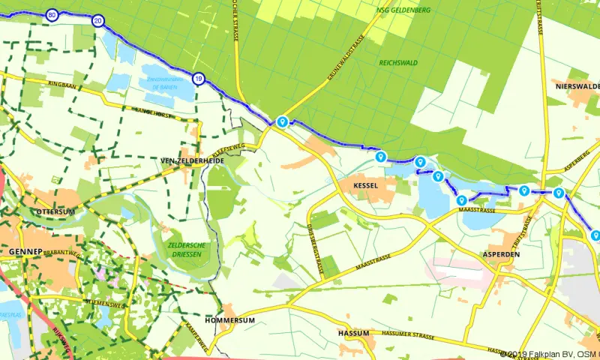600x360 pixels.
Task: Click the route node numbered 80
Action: point(52,14)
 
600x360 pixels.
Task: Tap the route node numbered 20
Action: point(98,20)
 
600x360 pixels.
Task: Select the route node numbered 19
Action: point(198,78)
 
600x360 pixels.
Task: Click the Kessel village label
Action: point(362,184)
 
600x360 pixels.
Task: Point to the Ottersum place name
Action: point(56,212)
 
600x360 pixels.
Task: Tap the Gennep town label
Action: point(20,251)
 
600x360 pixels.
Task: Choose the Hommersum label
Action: point(235,320)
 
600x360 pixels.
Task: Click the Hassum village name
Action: point(354,333)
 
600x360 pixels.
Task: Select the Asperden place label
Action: point(503,254)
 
